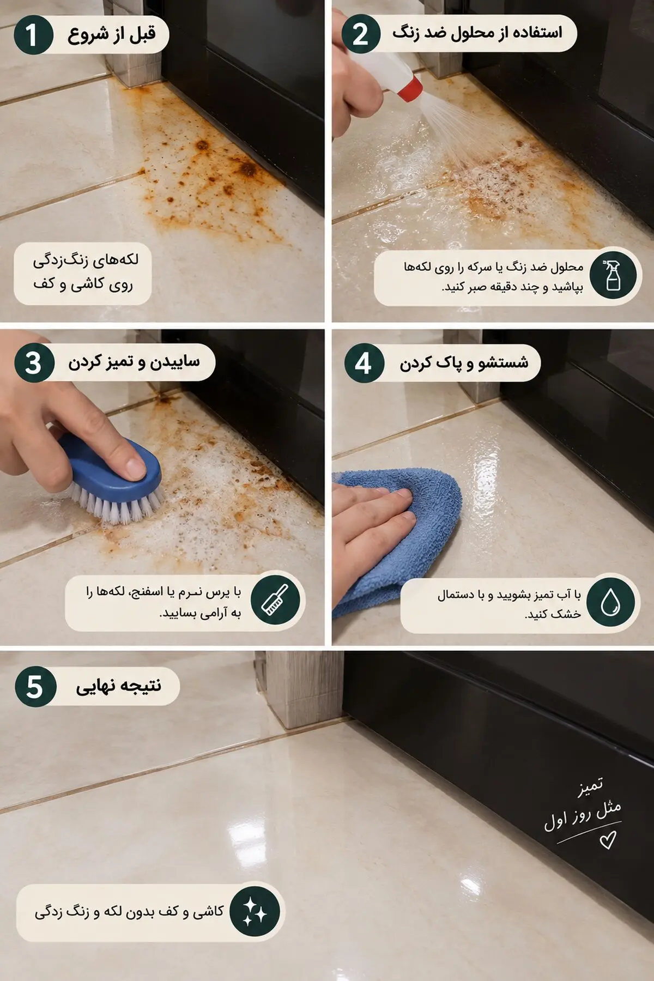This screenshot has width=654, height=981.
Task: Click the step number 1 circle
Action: tap(33, 35)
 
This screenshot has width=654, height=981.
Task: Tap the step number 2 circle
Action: tap(361, 34)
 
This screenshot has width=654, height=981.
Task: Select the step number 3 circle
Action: tap(34, 364)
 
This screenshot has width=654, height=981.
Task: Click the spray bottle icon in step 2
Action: tap(613, 275)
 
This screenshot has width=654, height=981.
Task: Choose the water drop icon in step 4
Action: tap(610, 602)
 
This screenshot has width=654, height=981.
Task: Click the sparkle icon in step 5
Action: tap(254, 911)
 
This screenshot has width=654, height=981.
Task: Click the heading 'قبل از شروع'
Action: tap(112, 34)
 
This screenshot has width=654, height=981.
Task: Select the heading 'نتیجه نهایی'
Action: tap(119, 686)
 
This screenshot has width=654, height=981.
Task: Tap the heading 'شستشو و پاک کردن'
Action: tap(464, 362)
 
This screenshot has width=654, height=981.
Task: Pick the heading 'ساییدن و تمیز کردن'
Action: tap(134, 362)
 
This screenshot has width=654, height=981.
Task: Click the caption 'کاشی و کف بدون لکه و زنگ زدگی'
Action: tap(129, 912)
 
